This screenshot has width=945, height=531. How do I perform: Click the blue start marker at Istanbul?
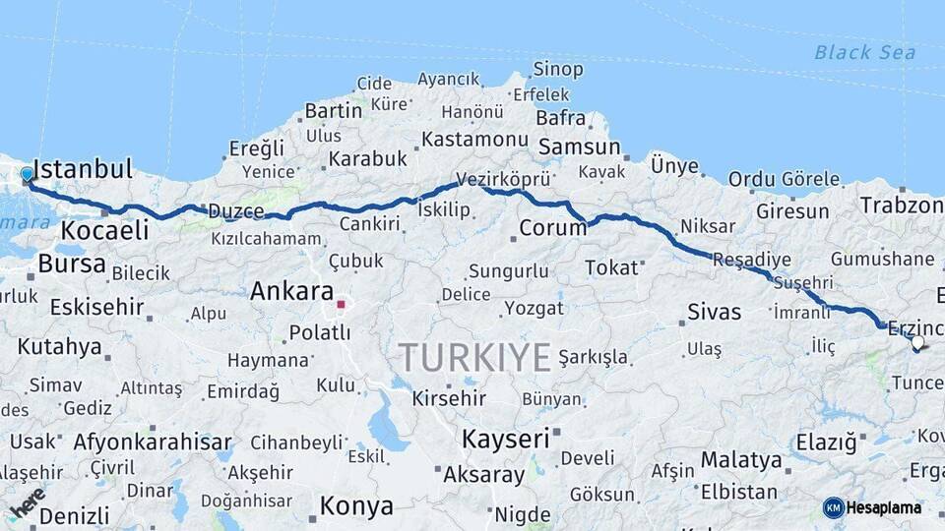[27, 175]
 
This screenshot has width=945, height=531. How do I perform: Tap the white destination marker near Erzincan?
[917, 343]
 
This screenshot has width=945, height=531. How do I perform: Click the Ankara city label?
[291, 291]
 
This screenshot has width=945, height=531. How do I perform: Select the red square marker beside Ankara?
[341, 304]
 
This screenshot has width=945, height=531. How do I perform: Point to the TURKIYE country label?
[474, 358]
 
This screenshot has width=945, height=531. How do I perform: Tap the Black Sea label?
[864, 53]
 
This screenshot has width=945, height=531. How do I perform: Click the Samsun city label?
[579, 147]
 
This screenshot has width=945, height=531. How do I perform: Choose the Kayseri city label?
[505, 439]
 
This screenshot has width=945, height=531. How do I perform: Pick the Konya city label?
[356, 506]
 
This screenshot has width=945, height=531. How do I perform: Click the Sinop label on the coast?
[558, 69]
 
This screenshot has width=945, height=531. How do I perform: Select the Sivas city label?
[714, 313]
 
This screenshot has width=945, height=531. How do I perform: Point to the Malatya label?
[740, 459]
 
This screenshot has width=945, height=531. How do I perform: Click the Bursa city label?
[72, 264]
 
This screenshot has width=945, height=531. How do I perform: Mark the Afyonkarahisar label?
[153, 442]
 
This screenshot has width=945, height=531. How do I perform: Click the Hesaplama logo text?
[883, 507]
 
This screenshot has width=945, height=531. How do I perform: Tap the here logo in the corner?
[28, 501]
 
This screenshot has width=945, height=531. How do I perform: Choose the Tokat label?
[611, 267]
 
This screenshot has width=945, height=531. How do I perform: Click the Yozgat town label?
[535, 308]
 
